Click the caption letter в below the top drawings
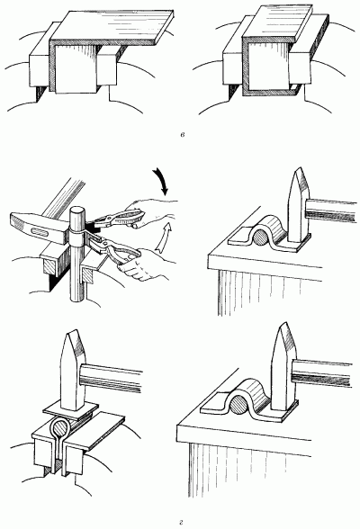(x=182, y=135)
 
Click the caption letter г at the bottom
(x=181, y=523)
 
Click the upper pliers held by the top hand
(x=117, y=219)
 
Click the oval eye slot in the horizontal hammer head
(x=39, y=231)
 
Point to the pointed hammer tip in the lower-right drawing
(x=283, y=327)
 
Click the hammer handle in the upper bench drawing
(x=331, y=211)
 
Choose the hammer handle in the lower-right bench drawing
(x=322, y=372)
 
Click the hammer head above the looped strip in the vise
(x=72, y=370)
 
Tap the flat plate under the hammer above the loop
(x=71, y=411)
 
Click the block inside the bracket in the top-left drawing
(x=76, y=68)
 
